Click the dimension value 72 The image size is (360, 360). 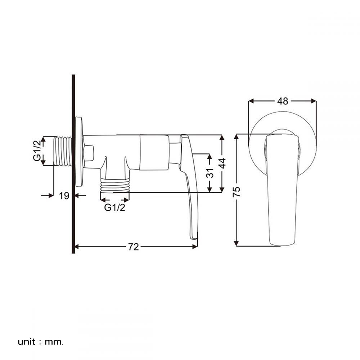click(x=134, y=247)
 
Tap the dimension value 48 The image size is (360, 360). click(x=283, y=101)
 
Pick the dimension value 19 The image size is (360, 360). click(x=64, y=196)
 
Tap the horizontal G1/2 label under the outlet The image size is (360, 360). click(x=115, y=208)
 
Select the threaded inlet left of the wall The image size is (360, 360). click(x=64, y=151)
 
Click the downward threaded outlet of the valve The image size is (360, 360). click(x=114, y=185)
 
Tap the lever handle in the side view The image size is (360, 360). click(x=190, y=187)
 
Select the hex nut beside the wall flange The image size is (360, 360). click(x=89, y=153)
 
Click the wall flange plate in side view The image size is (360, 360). click(x=78, y=151)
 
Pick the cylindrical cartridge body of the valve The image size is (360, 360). click(x=154, y=153)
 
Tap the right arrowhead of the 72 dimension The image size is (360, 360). click(x=195, y=247)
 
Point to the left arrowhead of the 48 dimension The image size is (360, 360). click(x=251, y=101)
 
